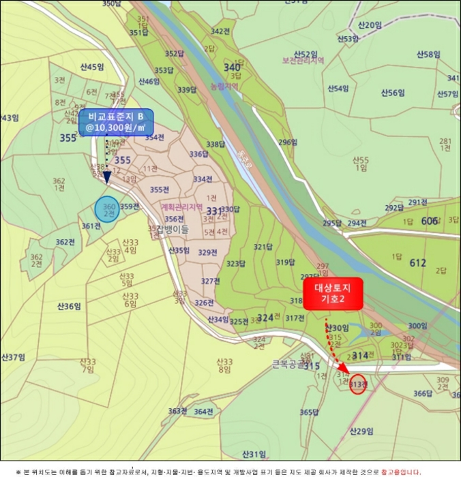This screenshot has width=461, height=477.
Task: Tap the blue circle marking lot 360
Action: click(x=107, y=210)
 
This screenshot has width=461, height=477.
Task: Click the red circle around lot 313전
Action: click(x=358, y=385)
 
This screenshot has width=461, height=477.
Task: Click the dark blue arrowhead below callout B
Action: click(x=106, y=177)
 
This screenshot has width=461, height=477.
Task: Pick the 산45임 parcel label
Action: click(x=91, y=67)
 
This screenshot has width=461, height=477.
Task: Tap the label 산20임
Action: click(x=369, y=25)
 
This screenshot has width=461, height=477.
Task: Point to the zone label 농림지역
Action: click(x=224, y=87)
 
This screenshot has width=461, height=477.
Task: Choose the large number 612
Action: click(x=417, y=262)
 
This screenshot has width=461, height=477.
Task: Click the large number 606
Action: click(x=430, y=221)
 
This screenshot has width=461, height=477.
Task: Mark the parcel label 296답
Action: click(x=288, y=142)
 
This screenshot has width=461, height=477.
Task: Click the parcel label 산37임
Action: click(x=13, y=356)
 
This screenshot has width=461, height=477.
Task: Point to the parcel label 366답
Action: click(x=423, y=393)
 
